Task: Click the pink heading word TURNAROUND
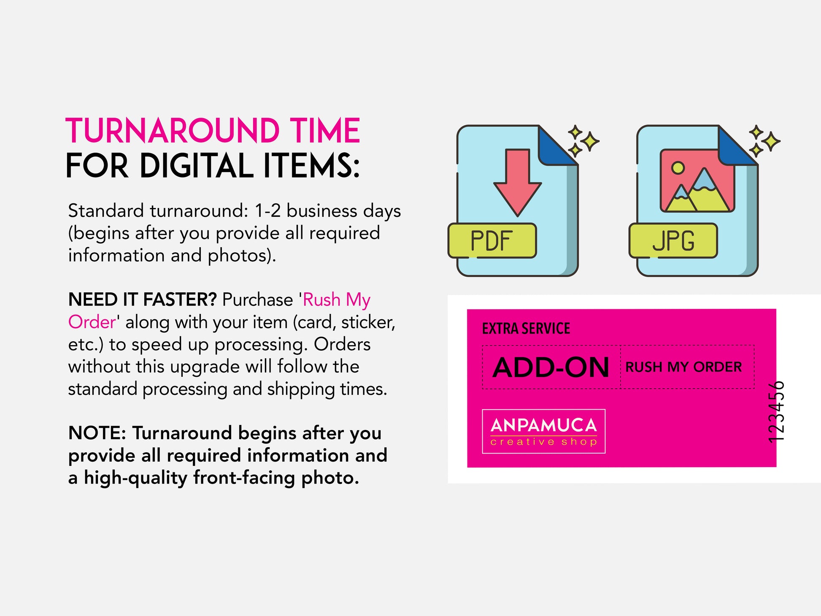173,131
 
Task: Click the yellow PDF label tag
492,240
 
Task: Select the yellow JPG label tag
673,240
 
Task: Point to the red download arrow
517,182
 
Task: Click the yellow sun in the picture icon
678,168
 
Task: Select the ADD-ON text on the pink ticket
551,367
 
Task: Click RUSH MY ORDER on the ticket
683,367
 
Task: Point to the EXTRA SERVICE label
526,328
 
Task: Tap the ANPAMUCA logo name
544,425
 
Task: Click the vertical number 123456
776,412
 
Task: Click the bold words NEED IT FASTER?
143,300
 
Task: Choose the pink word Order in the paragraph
92,322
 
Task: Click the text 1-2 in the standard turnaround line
268,211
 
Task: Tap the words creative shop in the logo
544,442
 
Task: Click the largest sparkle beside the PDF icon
590,141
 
